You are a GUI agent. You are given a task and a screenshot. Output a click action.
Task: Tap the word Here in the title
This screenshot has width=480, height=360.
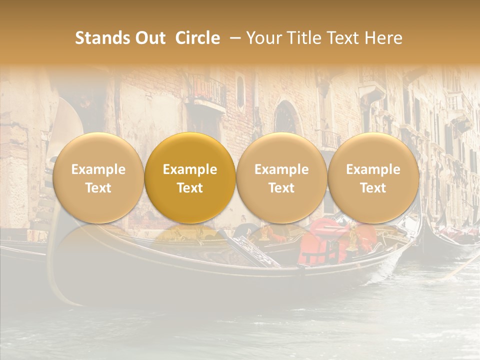[383, 38]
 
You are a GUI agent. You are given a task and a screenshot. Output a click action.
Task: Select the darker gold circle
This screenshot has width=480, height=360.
[190, 177]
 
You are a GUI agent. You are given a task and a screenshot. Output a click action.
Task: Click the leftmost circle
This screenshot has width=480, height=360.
[98, 177]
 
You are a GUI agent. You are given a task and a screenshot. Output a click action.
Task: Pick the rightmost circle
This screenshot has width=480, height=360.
[373, 177]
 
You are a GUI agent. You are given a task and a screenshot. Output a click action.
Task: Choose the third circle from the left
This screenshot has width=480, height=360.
[281, 177]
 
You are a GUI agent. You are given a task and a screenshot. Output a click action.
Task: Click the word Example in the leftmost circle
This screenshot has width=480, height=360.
[98, 169]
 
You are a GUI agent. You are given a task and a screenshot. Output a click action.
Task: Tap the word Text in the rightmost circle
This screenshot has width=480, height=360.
[373, 188]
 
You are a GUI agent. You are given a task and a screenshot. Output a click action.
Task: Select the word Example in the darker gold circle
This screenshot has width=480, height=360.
[190, 169]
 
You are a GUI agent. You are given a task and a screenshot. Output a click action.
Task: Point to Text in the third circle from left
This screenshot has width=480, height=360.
[281, 188]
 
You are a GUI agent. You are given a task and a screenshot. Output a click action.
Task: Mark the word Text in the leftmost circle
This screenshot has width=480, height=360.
[98, 188]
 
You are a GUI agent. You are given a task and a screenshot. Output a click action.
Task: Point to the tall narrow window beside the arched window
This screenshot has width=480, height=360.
[241, 92]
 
